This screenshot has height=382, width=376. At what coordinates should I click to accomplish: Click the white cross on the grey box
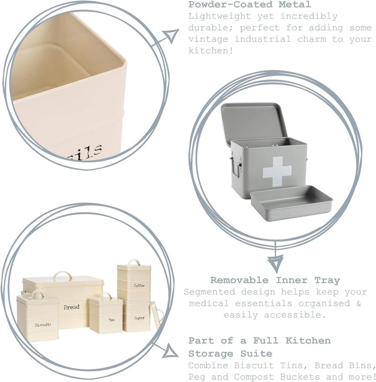pos(277,171)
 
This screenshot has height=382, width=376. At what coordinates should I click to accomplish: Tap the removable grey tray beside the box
pos(291,203)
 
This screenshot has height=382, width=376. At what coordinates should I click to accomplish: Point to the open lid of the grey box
pos(254,123)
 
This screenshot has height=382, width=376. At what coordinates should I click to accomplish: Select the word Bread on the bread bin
pos(72,307)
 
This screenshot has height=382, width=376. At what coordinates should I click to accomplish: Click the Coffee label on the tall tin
pos(139,285)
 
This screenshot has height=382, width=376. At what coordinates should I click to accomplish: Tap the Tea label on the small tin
pos(112,320)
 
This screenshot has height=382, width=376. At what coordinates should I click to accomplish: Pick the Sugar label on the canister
pos(139,318)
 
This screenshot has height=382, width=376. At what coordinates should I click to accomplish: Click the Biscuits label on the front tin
pos(43,325)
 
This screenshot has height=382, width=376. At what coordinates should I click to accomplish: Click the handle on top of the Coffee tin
pos(134,262)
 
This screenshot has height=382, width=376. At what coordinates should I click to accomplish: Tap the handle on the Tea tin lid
pos(106,295)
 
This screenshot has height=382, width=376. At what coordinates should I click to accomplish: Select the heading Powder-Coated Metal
pos(250,4)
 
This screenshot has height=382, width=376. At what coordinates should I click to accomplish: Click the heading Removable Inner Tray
pos(275,280)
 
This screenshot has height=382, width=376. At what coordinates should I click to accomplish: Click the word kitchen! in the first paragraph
pos(210,51)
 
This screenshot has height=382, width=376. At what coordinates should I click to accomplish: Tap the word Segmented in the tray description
pos(209,292)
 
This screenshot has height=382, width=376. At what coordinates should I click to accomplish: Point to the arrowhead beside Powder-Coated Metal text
pos(171,36)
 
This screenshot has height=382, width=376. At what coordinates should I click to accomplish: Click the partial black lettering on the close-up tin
pos(85,153)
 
